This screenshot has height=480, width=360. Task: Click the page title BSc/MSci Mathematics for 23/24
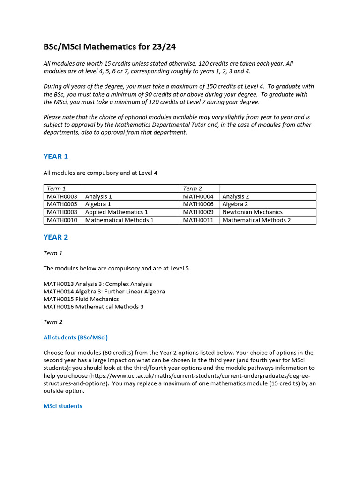click(110, 46)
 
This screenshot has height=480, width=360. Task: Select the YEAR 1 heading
click(56, 157)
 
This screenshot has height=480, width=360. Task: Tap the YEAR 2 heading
click(56, 237)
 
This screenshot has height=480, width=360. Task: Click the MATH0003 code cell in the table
click(62, 196)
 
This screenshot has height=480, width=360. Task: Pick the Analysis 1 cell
click(98, 196)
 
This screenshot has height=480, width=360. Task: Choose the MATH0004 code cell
click(198, 196)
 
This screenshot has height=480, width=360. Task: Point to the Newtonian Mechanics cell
click(252, 212)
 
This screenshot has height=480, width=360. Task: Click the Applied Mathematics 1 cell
click(116, 212)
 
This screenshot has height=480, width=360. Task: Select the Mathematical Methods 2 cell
click(256, 220)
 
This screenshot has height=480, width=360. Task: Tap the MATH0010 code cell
click(62, 220)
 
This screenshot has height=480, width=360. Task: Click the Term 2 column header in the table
click(193, 188)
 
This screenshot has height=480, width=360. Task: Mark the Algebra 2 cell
click(235, 204)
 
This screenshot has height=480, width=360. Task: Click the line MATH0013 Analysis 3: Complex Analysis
click(97, 284)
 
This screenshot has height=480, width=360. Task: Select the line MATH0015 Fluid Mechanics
click(81, 299)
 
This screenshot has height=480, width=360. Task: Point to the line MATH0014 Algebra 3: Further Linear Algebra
click(104, 292)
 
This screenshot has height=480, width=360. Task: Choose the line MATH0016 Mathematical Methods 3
click(93, 307)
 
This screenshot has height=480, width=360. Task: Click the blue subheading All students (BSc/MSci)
click(75, 337)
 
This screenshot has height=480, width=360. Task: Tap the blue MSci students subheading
click(63, 406)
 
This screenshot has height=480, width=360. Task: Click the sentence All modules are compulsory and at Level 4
click(100, 173)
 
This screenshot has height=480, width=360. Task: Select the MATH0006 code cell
click(198, 204)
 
